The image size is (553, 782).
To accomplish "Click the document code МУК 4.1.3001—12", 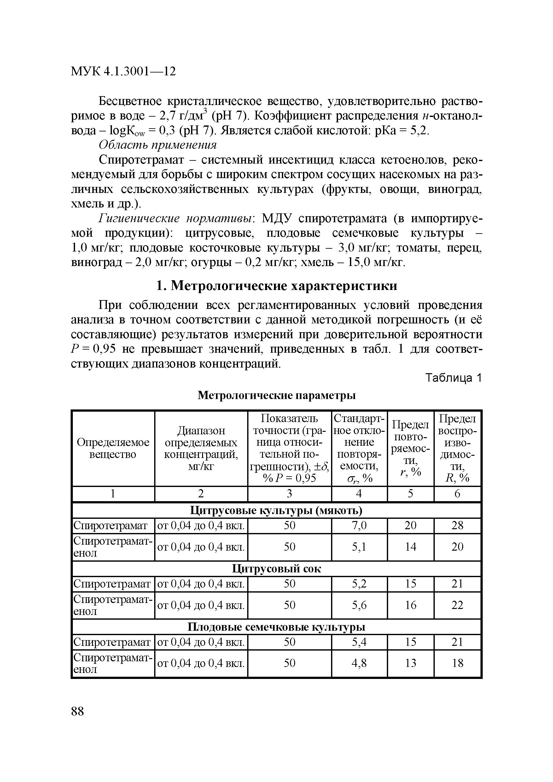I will click(123, 72).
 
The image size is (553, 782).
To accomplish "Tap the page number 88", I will click(78, 711).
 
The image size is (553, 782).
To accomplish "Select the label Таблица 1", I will click(453, 378).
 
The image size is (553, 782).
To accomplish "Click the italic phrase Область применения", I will click(157, 145).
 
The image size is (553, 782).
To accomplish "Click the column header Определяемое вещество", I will click(113, 448).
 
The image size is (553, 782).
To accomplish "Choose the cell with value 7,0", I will click(359, 525).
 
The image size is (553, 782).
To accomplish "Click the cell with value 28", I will click(457, 525).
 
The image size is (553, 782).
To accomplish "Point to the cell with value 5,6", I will click(359, 605).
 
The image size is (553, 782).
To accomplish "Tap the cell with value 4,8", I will click(359, 663).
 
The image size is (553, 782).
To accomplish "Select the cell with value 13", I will click(410, 663).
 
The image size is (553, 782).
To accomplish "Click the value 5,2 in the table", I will click(359, 584).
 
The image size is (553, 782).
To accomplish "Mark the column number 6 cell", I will click(457, 494).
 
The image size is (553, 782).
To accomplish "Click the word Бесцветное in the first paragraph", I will click(130, 101).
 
